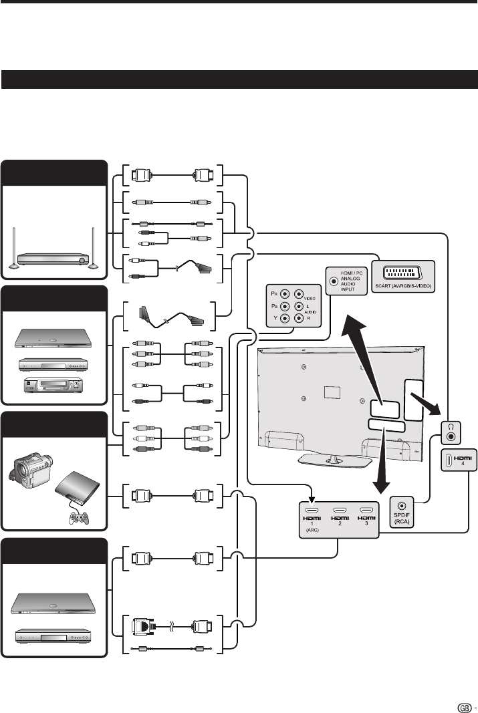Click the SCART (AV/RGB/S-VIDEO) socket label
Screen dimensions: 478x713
point(403,286)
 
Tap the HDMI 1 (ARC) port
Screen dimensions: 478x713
point(312,511)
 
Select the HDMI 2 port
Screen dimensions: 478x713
point(340,511)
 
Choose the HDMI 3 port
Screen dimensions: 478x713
point(366,511)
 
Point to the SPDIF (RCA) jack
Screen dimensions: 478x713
point(402,506)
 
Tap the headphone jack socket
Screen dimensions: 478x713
point(451,437)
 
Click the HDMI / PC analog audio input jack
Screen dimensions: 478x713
point(334,281)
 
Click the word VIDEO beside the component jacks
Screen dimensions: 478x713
point(310,299)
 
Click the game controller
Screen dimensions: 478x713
point(78,517)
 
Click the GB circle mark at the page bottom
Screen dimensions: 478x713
point(465,707)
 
